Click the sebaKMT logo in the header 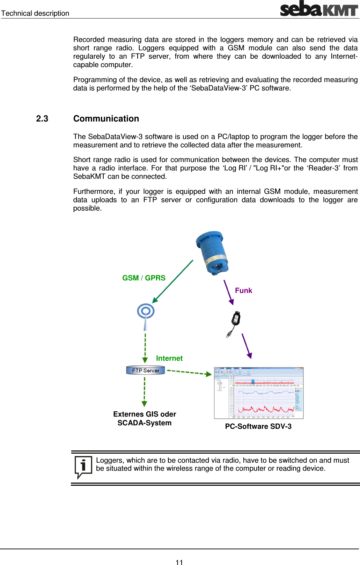(x=319, y=9)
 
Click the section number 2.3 (x=42, y=119)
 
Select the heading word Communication (x=106, y=119)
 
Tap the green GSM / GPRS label (x=144, y=278)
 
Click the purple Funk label (x=243, y=291)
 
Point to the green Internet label (x=169, y=358)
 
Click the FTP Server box (x=145, y=370)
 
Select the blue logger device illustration (x=212, y=253)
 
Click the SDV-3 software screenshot (x=258, y=393)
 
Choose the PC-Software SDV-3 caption (x=258, y=426)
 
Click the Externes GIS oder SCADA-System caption (x=145, y=418)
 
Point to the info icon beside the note (x=83, y=467)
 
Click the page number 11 (x=179, y=562)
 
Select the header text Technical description (x=35, y=13)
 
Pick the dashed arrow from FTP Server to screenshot (x=189, y=372)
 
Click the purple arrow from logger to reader (x=228, y=292)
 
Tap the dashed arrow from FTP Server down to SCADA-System (x=145, y=391)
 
